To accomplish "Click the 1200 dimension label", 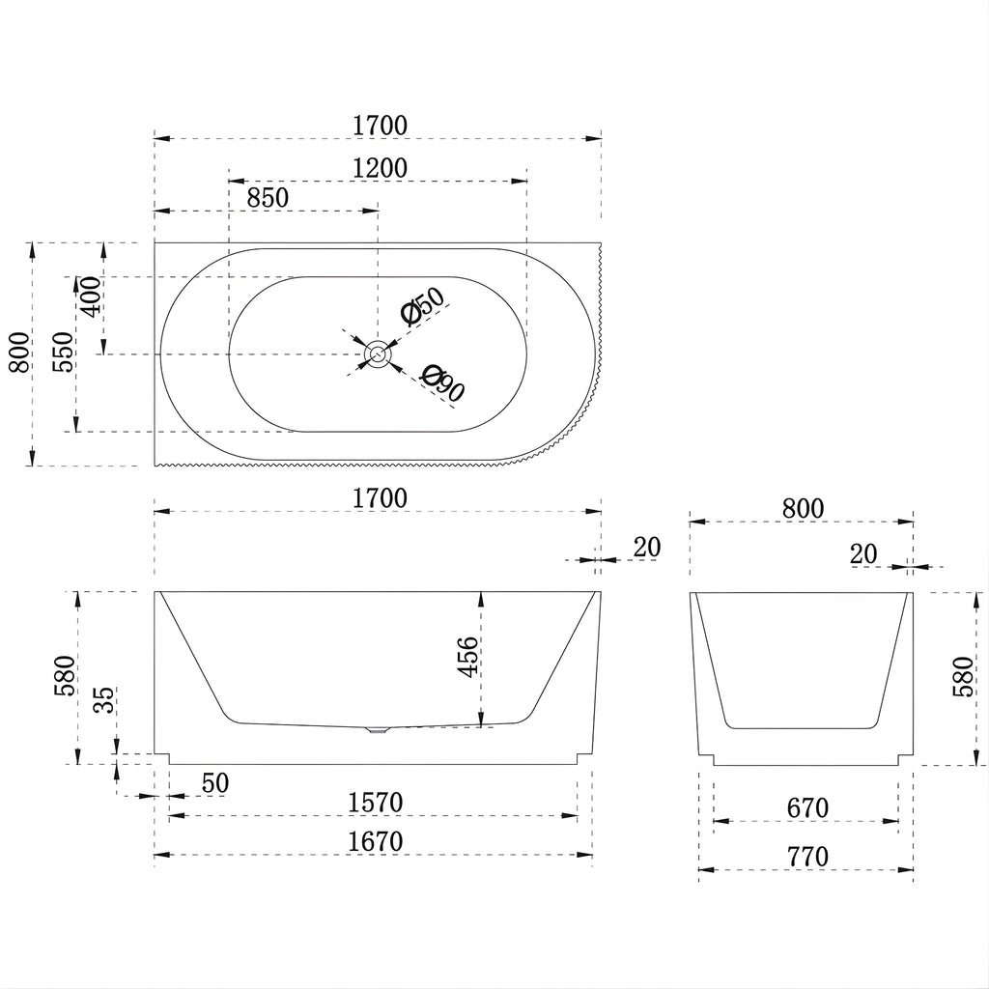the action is pos(380,168).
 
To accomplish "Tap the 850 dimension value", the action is pos(268,198).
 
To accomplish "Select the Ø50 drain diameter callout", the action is pos(423,306).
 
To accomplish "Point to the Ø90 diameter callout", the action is pos(443,382).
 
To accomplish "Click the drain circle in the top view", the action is pos(379,353).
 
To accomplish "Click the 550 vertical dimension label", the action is pos(63,353).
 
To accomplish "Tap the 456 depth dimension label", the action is pos(468,657).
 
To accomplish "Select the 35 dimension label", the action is pos(105,699).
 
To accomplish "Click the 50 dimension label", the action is pos(215,783).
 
